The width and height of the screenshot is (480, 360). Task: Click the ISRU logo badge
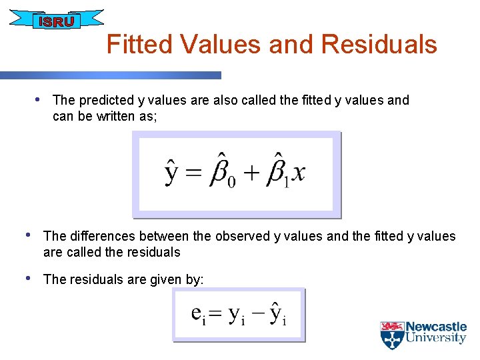pos(57,21)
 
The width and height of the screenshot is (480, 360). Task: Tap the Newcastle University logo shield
pos(392,335)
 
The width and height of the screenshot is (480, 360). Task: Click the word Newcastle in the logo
pos(437,327)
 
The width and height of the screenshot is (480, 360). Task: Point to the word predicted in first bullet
pos(106,101)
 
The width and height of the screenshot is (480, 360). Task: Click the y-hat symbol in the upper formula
pos(172,171)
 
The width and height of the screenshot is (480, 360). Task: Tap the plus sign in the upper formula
pos(251,173)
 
